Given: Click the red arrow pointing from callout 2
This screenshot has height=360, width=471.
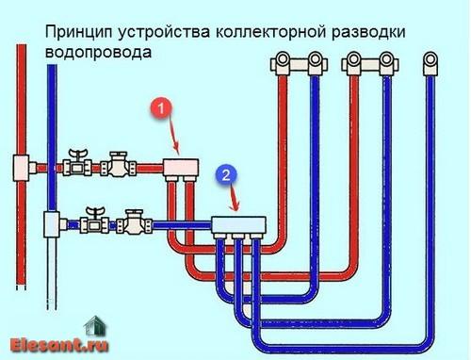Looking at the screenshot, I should click(232, 198).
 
